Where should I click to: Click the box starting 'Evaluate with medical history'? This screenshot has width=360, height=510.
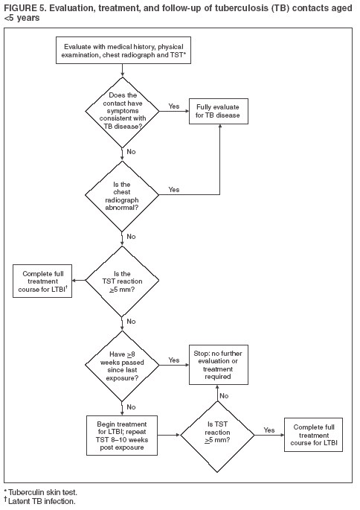click(122, 53)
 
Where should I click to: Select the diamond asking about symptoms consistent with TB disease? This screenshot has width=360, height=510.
click(122, 112)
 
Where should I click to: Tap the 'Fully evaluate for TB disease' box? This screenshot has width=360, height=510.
click(218, 112)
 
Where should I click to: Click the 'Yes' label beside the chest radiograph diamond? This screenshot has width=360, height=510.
click(173, 189)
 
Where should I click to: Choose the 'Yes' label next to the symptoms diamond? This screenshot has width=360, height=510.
click(173, 106)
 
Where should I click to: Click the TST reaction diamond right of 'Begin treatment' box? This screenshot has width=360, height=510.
click(218, 433)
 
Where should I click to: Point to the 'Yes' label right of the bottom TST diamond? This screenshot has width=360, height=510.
click(269, 429)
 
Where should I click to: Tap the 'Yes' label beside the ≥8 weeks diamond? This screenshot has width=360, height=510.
click(173, 360)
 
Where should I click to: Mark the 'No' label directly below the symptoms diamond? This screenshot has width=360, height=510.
click(131, 151)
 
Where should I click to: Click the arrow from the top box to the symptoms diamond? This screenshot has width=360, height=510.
click(122, 71)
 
